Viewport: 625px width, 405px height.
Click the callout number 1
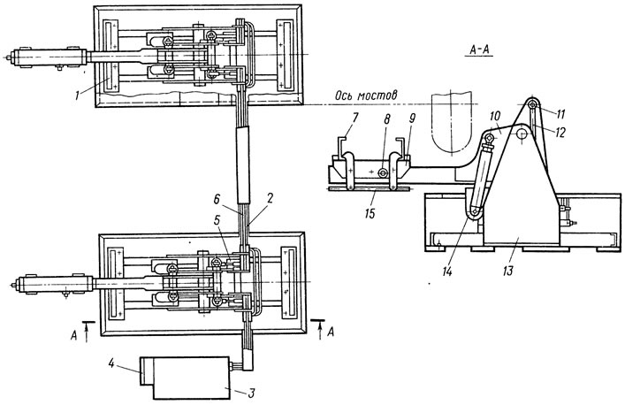pos(77,96)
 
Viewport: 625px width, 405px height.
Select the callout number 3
pos(251,393)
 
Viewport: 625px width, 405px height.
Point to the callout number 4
pos(112,363)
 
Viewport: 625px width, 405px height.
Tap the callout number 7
pos(354,118)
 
